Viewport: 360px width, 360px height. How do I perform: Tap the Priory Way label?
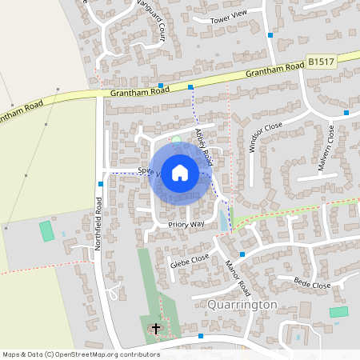[x=186, y=225]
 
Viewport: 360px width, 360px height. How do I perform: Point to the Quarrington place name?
[x=242, y=305]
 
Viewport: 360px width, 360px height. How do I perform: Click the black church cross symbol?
[x=156, y=327]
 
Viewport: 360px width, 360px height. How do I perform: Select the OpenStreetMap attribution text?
[x=81, y=354]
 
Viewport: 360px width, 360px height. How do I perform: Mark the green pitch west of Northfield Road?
[x=46, y=231]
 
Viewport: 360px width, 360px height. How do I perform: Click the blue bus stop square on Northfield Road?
[x=100, y=183]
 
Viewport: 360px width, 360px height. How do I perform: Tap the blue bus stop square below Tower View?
[x=270, y=35]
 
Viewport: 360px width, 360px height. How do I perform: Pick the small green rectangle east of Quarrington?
[x=339, y=312]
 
